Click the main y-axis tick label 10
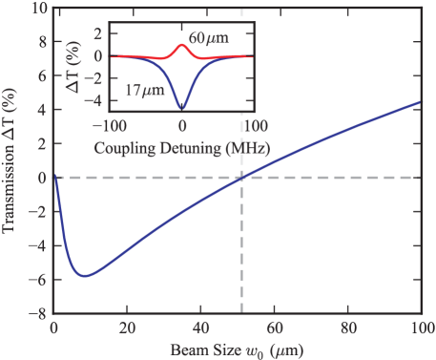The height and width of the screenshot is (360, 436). tap(39, 10)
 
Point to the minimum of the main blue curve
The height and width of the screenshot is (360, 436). tap(86, 276)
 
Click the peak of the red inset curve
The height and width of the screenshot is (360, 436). tap(181, 45)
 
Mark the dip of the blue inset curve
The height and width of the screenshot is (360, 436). tap(181, 108)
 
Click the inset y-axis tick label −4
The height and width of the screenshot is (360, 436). tap(95, 97)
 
